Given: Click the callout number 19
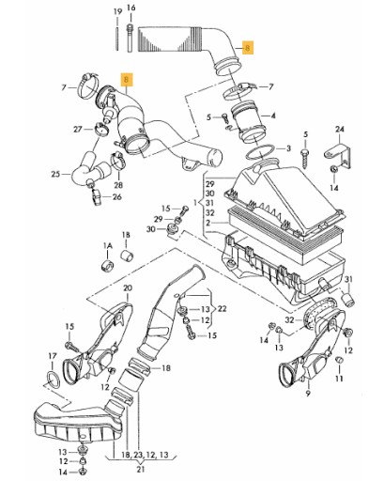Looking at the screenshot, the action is (x=117, y=12).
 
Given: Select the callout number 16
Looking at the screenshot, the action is (x=131, y=8).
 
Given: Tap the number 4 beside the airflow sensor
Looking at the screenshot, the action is (x=273, y=116).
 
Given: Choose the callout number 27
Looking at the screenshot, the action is (x=78, y=129).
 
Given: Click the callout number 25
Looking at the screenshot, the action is (x=55, y=174).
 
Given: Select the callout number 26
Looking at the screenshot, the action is (x=117, y=197).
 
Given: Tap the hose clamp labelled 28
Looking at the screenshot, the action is (x=118, y=160).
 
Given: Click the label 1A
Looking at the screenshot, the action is (x=107, y=246).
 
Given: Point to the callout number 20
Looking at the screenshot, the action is (x=128, y=287).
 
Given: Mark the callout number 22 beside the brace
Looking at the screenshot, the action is (x=222, y=309).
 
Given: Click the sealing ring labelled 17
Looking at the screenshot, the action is (x=53, y=378).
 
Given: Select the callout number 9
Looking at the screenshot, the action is (x=308, y=394).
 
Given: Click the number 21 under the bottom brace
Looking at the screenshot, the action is (x=141, y=469).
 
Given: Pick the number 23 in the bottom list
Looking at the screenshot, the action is (x=139, y=455).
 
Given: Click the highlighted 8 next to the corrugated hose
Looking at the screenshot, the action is (x=248, y=48).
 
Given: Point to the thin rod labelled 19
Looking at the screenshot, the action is (x=117, y=39).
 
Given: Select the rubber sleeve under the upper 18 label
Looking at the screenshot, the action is (x=127, y=256).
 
